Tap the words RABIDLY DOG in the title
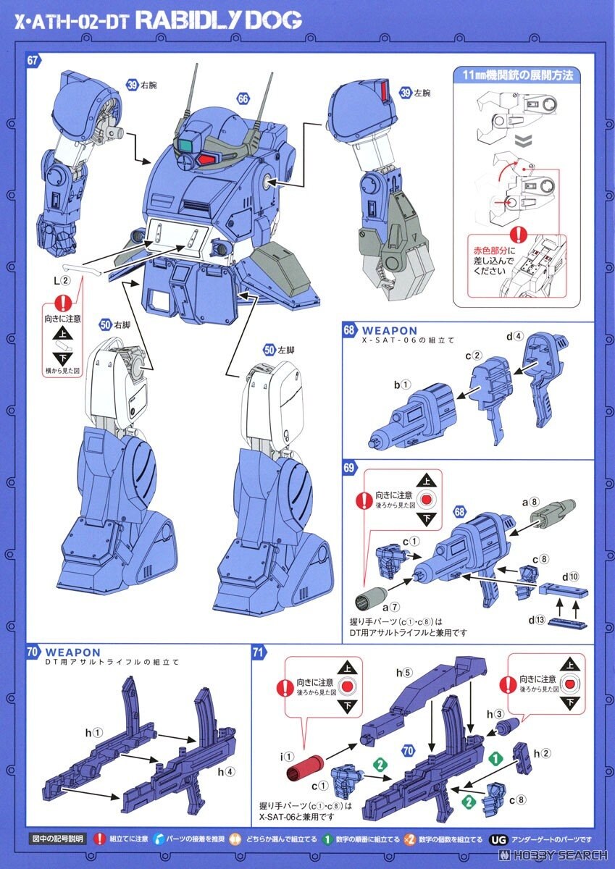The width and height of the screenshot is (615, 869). (x=218, y=21)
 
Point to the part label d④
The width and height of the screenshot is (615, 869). (x=514, y=335)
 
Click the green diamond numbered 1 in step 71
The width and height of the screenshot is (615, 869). (x=495, y=758)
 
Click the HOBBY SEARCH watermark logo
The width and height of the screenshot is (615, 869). (x=557, y=855)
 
